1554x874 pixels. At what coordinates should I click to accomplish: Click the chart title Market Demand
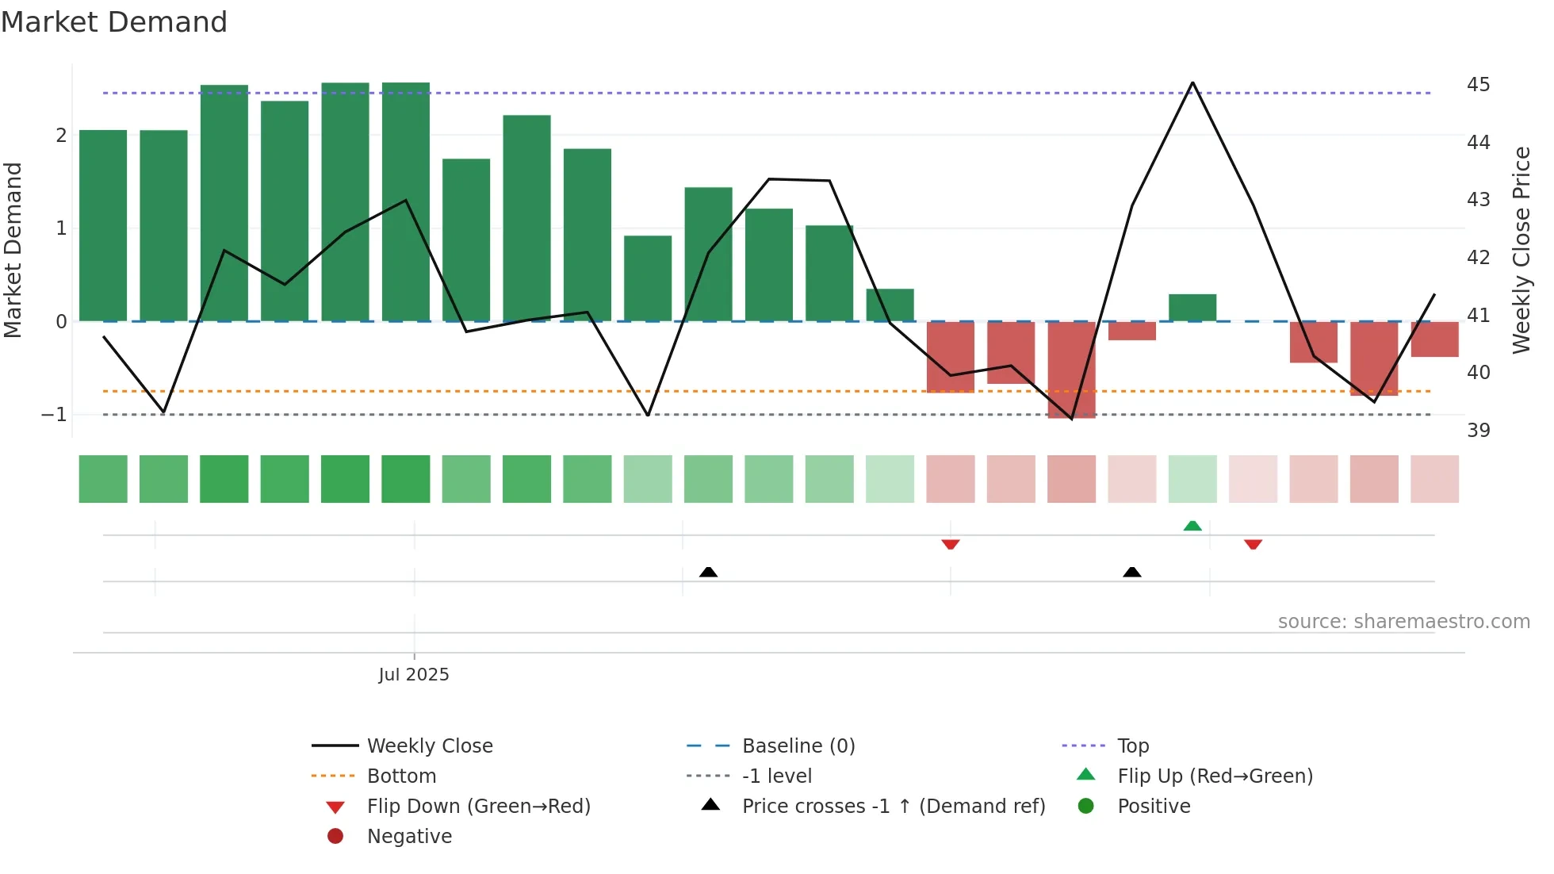114,22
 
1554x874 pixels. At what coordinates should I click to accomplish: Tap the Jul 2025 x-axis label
413,675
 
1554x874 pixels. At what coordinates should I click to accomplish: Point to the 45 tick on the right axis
1478,84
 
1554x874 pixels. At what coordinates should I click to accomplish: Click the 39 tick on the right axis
1478,430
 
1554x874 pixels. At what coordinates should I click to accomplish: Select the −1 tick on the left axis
54,415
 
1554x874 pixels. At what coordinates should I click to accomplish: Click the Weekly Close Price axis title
1521,250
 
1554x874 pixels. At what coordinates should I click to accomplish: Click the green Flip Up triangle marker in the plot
1192,525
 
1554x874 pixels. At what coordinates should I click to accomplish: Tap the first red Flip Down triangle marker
951,544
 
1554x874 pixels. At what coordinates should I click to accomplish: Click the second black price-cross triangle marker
1132,572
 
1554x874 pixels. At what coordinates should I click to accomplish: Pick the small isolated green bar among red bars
1192,308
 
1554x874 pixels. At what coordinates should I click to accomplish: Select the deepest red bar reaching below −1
1071,370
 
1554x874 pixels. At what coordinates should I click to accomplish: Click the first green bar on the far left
103,226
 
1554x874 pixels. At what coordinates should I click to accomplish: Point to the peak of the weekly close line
1192,82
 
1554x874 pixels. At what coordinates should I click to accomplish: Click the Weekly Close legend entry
429,746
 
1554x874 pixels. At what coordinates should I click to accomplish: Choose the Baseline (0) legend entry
798,746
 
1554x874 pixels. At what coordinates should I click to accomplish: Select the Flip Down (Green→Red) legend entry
478,807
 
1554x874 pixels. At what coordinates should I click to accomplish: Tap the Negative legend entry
409,837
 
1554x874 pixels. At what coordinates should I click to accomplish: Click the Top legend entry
1132,746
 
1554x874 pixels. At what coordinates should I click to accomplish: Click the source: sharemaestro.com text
1403,622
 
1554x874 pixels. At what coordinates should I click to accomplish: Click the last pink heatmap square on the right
1434,479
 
